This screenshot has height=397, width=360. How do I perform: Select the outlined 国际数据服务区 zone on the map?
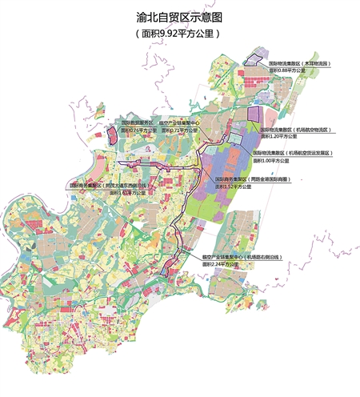tap(111, 132)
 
